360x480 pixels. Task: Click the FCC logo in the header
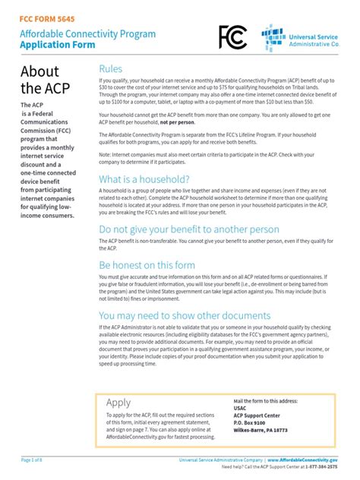(232, 37)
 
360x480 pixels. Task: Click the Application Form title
(58, 44)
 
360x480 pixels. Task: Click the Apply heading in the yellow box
(118, 403)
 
